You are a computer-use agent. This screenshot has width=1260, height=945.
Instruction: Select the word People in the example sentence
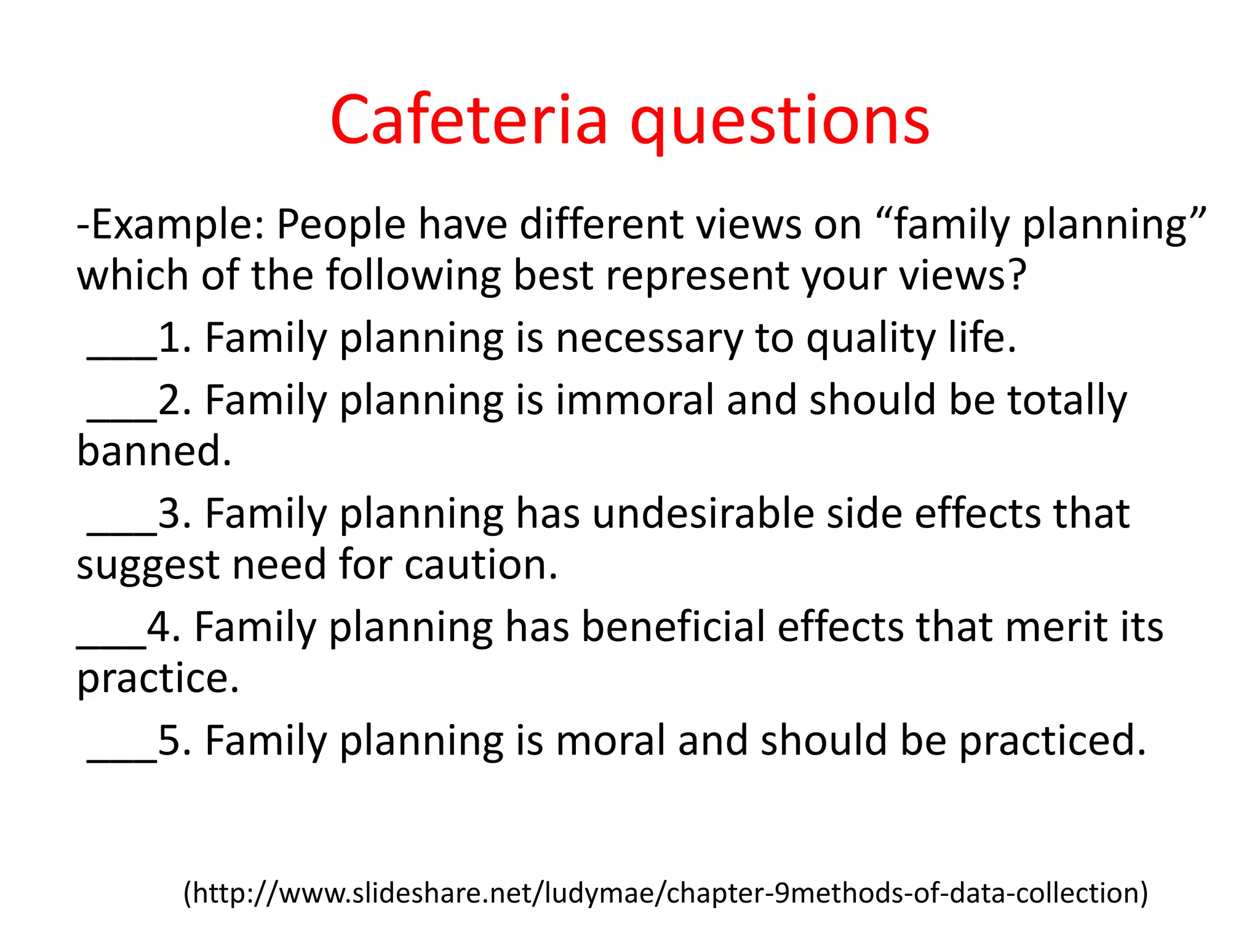[x=341, y=225]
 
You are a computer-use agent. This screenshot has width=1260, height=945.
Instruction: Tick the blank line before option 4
[x=111, y=645]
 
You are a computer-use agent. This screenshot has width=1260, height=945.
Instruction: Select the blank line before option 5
[x=122, y=759]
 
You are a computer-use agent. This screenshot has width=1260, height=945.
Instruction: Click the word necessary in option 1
[x=649, y=339]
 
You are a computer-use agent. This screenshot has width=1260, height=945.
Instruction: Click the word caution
[x=480, y=565]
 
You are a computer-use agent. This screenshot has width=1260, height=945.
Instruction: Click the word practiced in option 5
[x=1052, y=741]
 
